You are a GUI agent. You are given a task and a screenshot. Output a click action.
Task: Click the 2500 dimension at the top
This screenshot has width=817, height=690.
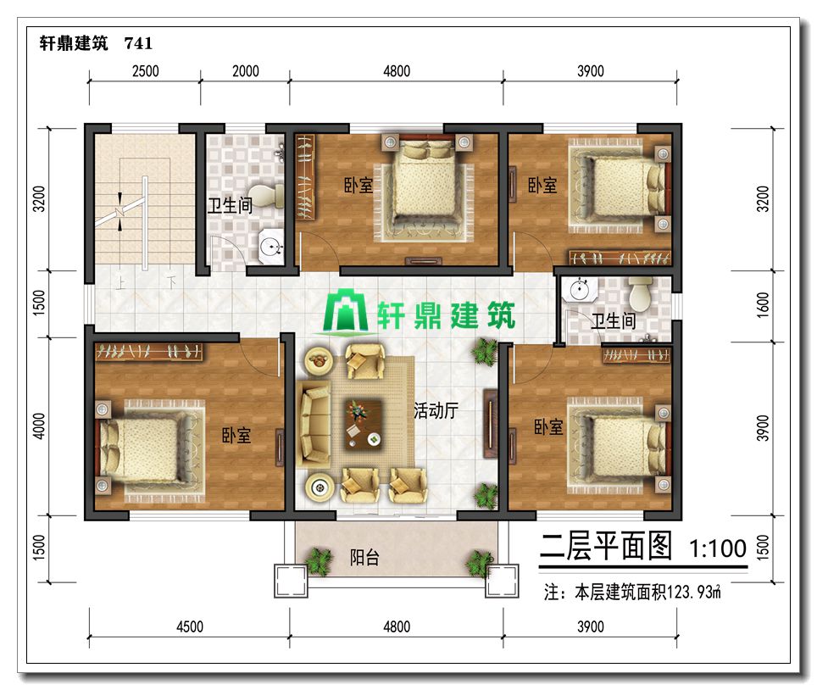coord(146,71)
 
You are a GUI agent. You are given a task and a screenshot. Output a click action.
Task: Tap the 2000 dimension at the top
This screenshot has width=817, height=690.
coord(246,71)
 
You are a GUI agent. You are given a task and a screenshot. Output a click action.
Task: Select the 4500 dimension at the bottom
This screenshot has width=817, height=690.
coord(190,626)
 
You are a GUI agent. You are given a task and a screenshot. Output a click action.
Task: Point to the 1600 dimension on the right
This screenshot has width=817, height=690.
coord(762,305)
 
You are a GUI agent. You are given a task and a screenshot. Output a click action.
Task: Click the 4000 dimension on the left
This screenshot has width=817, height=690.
coord(39,426)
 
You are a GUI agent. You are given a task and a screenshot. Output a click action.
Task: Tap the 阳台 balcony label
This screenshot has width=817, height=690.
coord(364,558)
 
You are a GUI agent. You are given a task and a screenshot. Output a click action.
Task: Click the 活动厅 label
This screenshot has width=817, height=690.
coord(436,410)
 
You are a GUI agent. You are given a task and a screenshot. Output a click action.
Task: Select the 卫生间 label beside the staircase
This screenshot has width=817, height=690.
coord(230,205)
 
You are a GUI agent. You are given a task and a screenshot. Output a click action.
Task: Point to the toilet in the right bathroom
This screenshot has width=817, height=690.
coord(640,293)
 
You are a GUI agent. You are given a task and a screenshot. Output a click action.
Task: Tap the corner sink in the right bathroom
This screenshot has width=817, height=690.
coord(581,290)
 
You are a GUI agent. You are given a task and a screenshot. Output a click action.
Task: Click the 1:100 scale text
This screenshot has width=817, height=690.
coord(718,548)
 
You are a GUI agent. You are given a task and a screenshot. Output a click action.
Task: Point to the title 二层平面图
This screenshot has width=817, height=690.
coord(605,546)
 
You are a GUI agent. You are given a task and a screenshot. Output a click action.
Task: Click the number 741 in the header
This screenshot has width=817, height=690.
coord(139,43)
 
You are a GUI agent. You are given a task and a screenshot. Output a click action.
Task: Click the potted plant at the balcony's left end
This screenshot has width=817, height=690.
coord(319,561)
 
